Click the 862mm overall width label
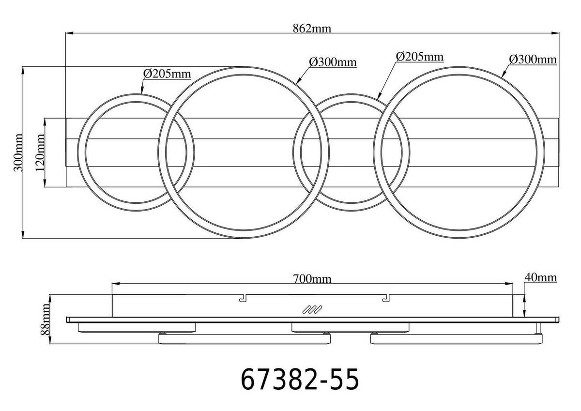312,28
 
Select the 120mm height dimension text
40,152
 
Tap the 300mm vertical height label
18,152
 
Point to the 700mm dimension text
312,279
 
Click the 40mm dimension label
540,277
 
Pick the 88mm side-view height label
46,320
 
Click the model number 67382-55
300,380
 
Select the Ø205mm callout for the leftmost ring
167,74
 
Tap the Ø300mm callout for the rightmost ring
533,60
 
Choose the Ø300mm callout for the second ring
333,62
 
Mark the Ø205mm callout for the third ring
419,57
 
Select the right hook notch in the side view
385,298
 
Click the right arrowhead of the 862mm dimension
556,33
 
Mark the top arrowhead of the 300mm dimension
23,69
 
